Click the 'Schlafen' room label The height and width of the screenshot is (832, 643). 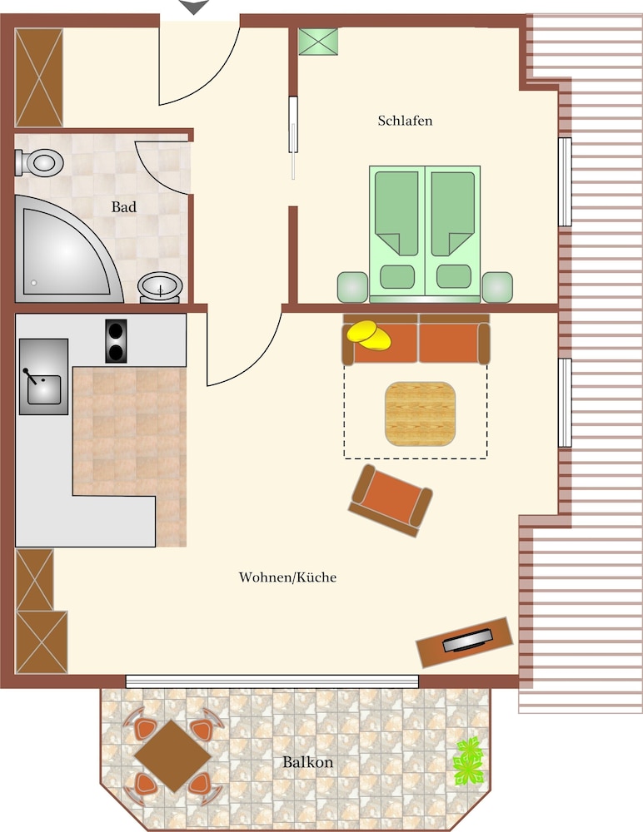pos(405,121)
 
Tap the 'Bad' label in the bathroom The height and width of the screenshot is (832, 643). pos(124,207)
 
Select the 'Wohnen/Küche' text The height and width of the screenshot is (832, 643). pos(287,577)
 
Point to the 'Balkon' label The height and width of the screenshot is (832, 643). pos(307,762)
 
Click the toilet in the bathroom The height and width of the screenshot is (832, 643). pos(39,162)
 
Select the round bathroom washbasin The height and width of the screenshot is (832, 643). pos(160,287)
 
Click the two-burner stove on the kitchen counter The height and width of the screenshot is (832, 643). pos(116,341)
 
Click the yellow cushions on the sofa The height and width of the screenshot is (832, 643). pos(369,335)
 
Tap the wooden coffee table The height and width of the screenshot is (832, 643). pos(420,414)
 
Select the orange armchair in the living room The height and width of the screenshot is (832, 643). pos(391,500)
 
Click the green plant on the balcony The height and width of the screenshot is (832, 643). pos(468,761)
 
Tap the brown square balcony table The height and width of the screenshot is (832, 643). pos(172,756)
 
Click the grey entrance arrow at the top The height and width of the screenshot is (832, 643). pos(194,7)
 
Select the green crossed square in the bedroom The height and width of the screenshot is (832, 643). pos(318,42)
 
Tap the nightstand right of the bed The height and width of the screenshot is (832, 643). pos(497,287)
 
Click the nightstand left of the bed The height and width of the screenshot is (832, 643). pos(352,287)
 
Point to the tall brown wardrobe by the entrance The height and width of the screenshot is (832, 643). pos(39,77)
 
